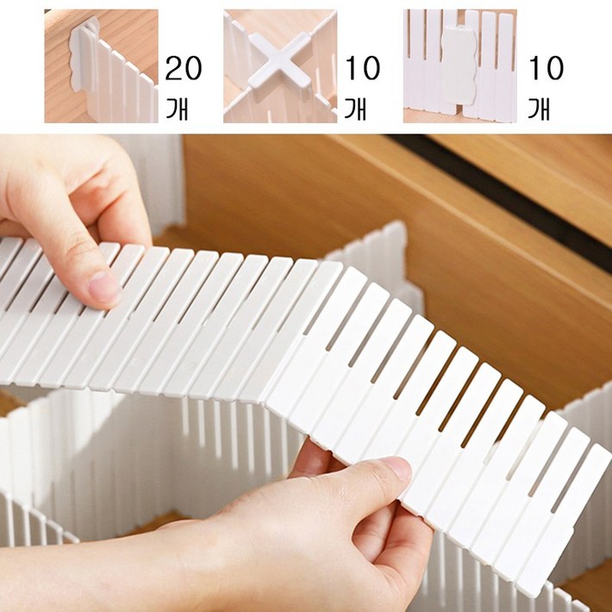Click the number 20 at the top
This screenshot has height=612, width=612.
(184, 68)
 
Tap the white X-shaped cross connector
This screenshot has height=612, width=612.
(280, 59)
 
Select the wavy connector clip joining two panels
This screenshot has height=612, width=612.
(459, 65)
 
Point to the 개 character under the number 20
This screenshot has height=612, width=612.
(178, 109)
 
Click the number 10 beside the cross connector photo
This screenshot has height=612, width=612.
(363, 68)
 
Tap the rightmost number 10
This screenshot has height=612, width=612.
(546, 68)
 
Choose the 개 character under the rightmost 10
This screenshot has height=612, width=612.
(539, 109)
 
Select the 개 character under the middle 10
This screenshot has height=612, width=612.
(355, 109)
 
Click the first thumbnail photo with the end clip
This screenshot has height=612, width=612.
(102, 66)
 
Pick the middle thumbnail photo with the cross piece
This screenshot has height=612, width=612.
(280, 66)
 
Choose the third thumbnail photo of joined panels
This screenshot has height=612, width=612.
(460, 66)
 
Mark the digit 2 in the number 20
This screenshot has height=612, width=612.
(173, 68)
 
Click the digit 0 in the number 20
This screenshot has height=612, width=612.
(193, 68)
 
